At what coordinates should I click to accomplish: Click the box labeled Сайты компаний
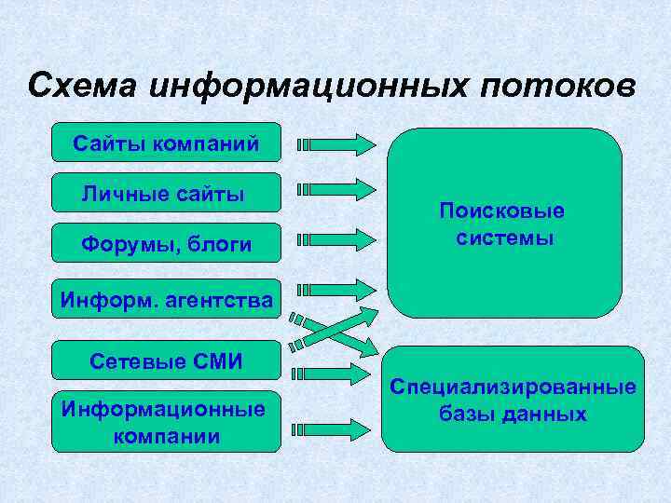tap(165, 143)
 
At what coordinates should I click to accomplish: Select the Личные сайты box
tap(165, 194)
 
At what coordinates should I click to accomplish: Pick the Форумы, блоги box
tap(165, 244)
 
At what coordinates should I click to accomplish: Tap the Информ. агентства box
tap(165, 300)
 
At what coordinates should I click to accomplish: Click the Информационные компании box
tap(165, 422)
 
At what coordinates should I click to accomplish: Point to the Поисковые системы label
tap(504, 224)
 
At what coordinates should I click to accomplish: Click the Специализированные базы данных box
tap(513, 400)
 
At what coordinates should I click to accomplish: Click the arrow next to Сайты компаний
tap(335, 144)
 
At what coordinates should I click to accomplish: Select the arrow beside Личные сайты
tap(335, 189)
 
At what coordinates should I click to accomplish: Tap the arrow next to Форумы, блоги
tap(335, 239)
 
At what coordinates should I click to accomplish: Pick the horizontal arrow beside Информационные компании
tap(332, 429)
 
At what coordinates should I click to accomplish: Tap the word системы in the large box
tap(504, 238)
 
